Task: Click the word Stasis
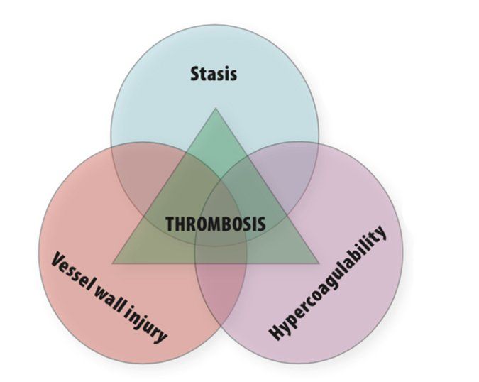214,74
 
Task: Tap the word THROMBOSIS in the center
215,224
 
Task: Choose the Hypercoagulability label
327,283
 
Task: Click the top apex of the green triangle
216,108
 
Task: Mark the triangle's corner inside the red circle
112,263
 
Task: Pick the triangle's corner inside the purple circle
319,263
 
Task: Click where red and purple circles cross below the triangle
221,325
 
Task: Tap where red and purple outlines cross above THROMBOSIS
221,180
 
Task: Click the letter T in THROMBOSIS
170,224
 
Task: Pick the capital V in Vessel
58,259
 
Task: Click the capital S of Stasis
195,74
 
